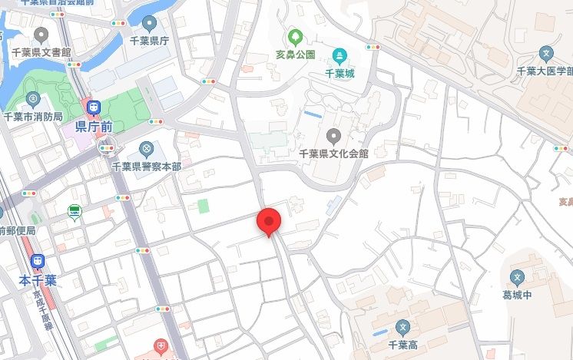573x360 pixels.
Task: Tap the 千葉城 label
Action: (339, 74)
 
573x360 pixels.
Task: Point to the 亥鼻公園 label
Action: (296, 55)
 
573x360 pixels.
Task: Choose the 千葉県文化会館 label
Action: (333, 154)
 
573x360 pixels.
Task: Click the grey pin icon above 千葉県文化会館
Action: (333, 136)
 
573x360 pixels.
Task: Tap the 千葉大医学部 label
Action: (545, 71)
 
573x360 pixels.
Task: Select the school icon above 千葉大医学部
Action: (545, 54)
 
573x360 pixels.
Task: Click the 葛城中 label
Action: (519, 294)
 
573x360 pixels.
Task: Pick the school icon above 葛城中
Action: (518, 276)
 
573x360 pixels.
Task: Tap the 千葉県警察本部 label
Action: (146, 166)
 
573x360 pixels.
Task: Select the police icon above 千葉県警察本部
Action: (146, 148)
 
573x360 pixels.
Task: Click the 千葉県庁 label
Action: (149, 41)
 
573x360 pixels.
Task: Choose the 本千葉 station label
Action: (38, 281)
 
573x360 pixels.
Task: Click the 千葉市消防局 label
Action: (34, 117)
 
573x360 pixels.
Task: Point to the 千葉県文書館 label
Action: (41, 52)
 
